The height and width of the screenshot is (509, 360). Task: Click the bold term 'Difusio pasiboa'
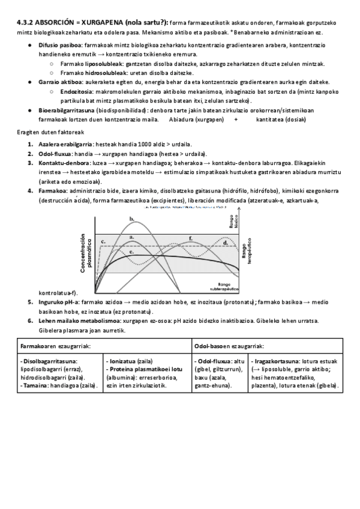[x=60, y=46]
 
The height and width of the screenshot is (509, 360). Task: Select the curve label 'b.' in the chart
[x=132, y=220]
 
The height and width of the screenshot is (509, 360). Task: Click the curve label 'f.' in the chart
[x=190, y=239]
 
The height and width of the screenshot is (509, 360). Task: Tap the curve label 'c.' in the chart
[x=103, y=241]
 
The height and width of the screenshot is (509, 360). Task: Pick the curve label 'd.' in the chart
[x=225, y=242]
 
